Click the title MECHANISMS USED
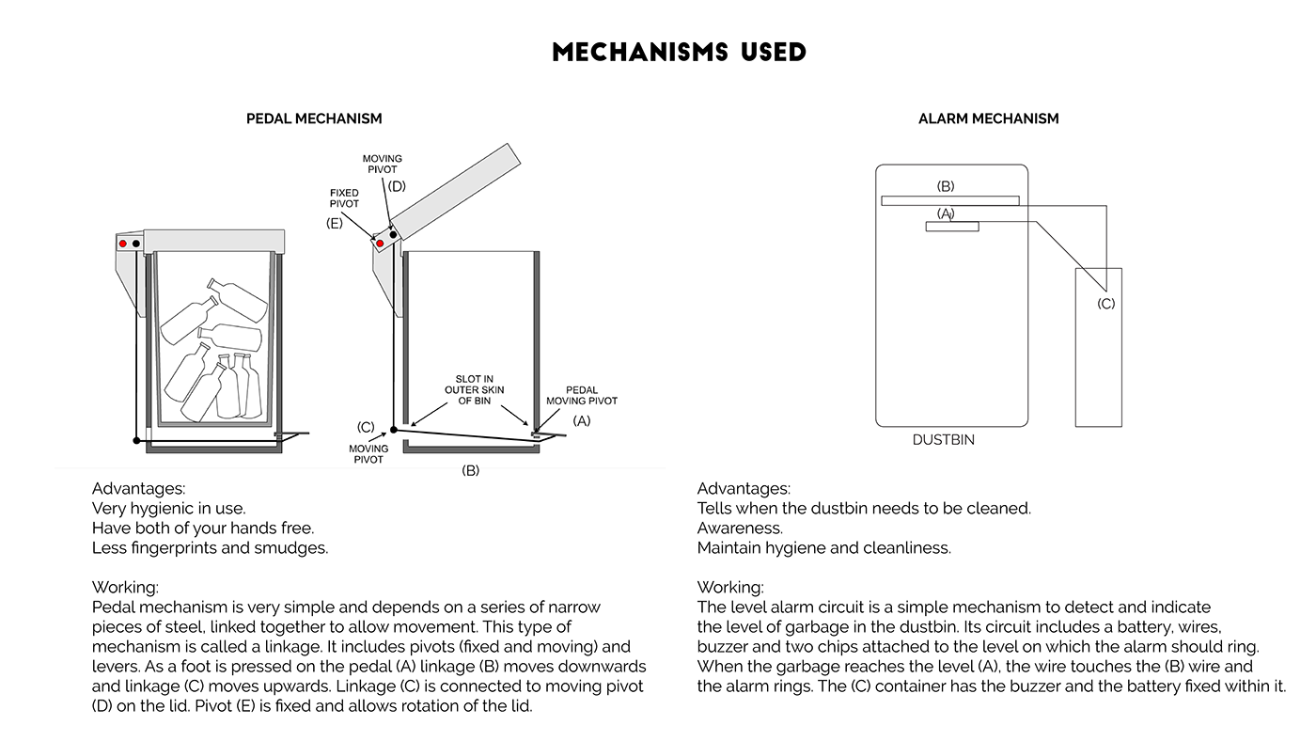click(x=679, y=52)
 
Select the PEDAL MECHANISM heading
click(x=314, y=118)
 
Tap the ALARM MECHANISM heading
click(x=988, y=118)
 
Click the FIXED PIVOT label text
click(x=344, y=198)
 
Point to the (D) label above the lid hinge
click(x=397, y=186)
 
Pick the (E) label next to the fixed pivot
click(x=335, y=223)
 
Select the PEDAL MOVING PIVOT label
click(x=582, y=395)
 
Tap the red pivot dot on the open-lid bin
click(x=380, y=244)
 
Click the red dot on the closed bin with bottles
click(x=122, y=244)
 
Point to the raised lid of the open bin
click(x=455, y=189)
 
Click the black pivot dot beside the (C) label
click(x=394, y=430)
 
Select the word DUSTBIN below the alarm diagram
click(x=944, y=440)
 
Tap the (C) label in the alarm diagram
click(x=1106, y=304)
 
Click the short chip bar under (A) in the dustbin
click(x=952, y=227)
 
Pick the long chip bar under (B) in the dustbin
click(x=949, y=200)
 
